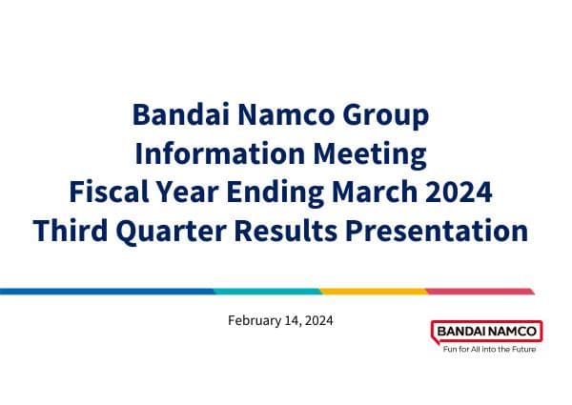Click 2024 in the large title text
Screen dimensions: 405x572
[460, 192]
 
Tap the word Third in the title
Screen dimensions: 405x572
[70, 230]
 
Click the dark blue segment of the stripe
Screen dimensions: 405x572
[105, 291]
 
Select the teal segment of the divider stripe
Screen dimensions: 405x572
[266, 291]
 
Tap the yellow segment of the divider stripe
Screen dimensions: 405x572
[372, 291]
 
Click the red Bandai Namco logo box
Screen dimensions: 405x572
[486, 332]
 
